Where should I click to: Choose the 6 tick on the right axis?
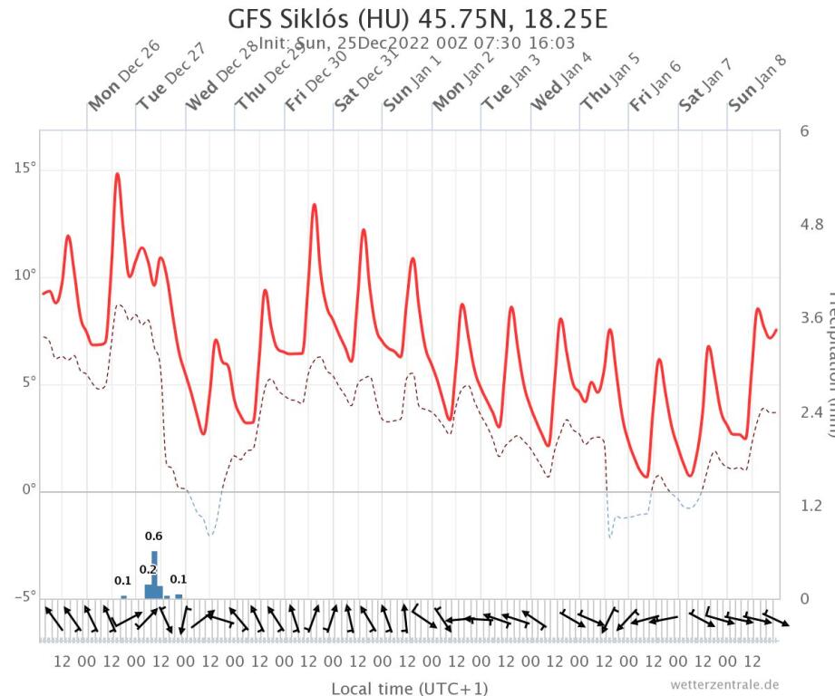coord(803,131)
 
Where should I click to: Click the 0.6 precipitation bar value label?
coord(154,536)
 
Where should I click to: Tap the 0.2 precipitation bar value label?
coord(149,569)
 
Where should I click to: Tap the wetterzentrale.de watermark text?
coord(724,683)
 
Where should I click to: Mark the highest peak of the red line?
coord(117,173)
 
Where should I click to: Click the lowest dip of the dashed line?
coord(210,536)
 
